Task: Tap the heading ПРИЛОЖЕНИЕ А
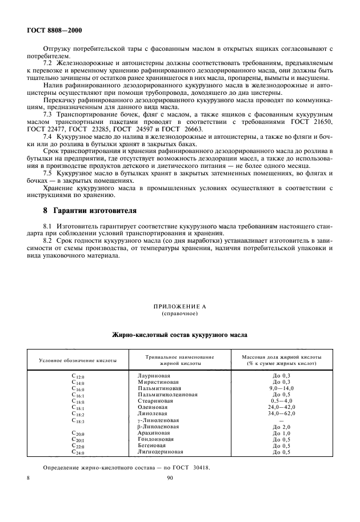[x=179, y=307]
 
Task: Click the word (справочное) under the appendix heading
[x=179, y=314]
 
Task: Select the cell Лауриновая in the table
[x=154, y=376]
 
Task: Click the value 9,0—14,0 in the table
[x=281, y=388]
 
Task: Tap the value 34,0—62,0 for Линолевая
[x=281, y=413]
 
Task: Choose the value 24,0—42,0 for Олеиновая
[x=281, y=407]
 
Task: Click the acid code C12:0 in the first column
[x=78, y=376]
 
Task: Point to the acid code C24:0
[x=78, y=452]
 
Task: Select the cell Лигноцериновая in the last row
[x=161, y=452]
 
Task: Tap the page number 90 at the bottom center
[x=170, y=480]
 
